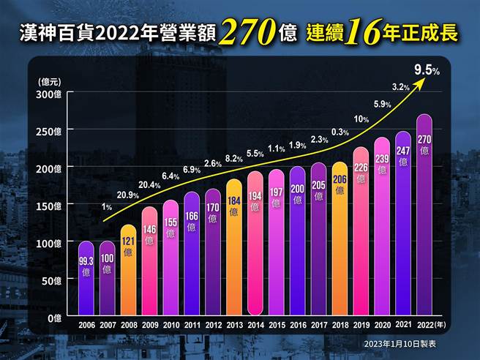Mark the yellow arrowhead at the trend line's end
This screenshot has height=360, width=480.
[420, 83]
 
